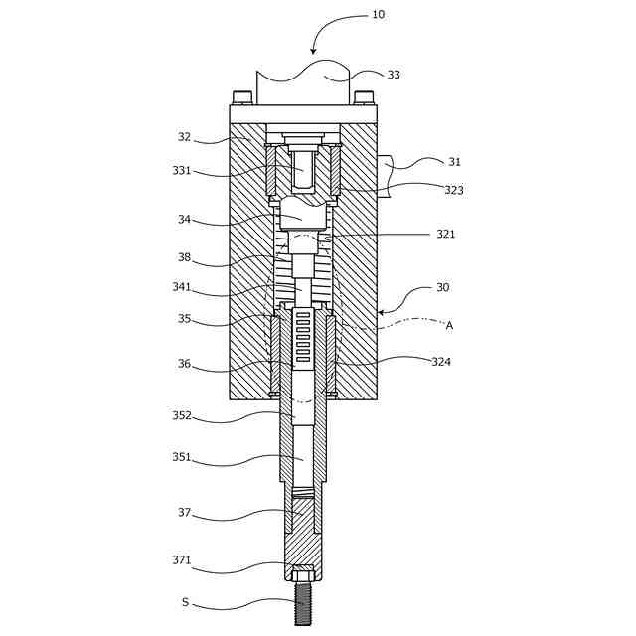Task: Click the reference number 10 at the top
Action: coord(378,15)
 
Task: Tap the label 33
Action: coord(394,75)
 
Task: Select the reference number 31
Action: coord(454,162)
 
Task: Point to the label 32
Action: coord(184,137)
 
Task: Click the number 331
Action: coord(181,170)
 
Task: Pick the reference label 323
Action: coord(453,190)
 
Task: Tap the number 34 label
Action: coord(184,220)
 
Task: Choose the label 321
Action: coord(446,235)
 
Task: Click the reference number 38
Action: coord(184,257)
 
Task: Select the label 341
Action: coord(181,288)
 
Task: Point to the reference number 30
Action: coord(442,288)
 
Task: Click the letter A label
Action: coord(449,325)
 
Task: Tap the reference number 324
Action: coord(441,362)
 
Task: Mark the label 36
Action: coord(184,364)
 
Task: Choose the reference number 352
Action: coord(181,416)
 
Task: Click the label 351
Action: coord(181,458)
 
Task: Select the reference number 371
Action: coord(181,560)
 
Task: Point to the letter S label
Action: coord(185,602)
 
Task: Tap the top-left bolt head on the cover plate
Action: coord(242,98)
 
